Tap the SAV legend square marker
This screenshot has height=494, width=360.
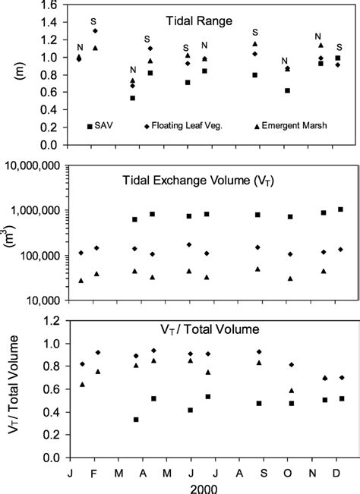[x=90, y=126]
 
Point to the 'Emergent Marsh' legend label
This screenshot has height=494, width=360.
[x=293, y=126]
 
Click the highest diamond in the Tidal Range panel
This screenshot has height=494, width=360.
[x=95, y=31]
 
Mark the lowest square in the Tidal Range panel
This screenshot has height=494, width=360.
[x=133, y=98]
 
